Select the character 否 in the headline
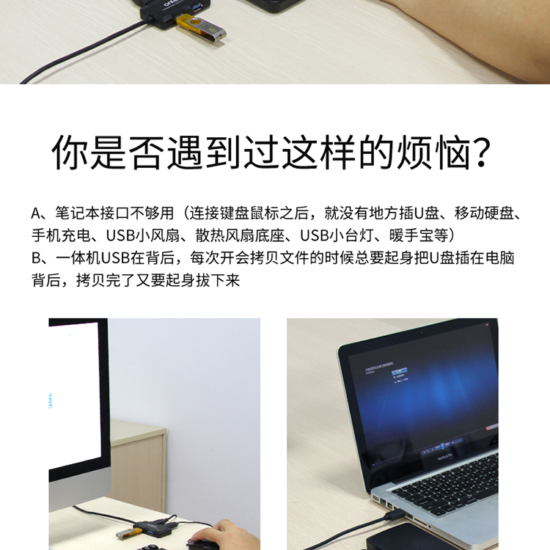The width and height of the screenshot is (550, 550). point(147,153)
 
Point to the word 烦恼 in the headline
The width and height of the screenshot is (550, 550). point(433,153)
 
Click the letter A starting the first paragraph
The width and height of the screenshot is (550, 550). point(36,213)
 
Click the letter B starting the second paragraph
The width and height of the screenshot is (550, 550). point(36,258)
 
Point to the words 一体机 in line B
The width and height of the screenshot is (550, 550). point(78,258)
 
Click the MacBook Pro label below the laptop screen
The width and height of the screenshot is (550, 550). point(445,457)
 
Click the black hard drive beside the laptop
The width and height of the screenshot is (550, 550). point(414,538)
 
